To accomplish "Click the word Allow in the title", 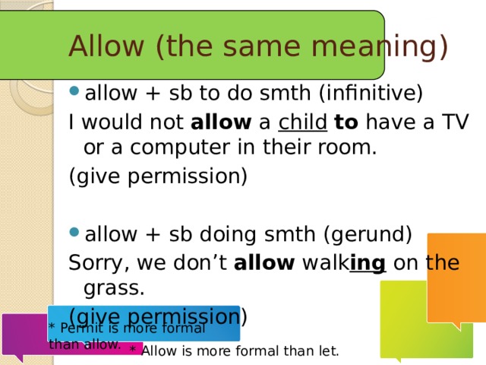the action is click(106, 46).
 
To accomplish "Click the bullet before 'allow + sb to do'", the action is click(74, 91).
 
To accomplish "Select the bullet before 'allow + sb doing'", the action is click(74, 232).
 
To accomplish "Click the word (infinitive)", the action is click(371, 93).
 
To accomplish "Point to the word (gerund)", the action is click(368, 234).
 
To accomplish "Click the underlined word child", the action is click(302, 122).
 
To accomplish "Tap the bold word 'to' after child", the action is click(346, 122).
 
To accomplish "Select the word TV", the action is click(455, 122).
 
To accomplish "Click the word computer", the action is click(180, 148).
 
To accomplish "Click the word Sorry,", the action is click(99, 264).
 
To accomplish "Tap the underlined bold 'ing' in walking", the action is click(368, 264).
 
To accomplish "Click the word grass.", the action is click(114, 289).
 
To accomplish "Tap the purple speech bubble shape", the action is click(25, 335).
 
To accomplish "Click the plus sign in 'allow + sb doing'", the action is click(153, 235).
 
